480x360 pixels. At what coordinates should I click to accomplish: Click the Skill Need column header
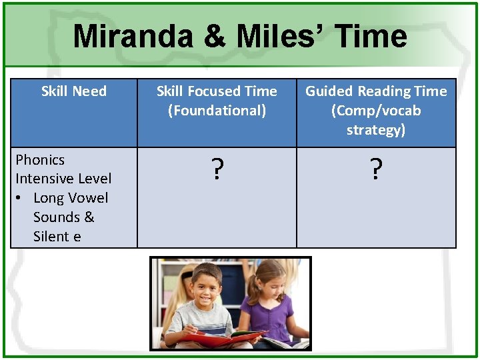(x=73, y=91)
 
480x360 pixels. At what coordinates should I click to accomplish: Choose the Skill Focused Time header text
(x=217, y=91)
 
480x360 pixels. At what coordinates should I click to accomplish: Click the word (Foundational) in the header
(x=217, y=111)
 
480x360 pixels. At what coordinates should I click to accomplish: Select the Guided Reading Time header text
(x=376, y=91)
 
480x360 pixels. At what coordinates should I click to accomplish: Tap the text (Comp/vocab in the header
(x=376, y=111)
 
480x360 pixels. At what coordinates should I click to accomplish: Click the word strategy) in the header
(x=376, y=130)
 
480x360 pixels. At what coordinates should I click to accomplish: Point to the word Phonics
(x=40, y=160)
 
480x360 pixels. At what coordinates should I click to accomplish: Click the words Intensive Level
(x=63, y=179)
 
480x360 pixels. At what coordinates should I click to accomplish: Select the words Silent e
(x=57, y=237)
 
